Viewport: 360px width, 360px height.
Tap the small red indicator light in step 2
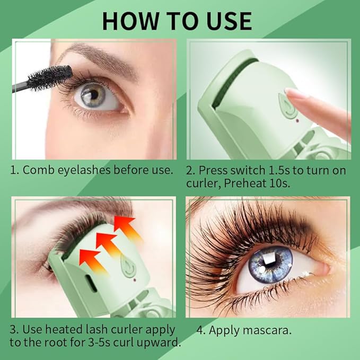[x=298, y=120]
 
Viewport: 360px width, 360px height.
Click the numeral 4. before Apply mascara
[x=201, y=330]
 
